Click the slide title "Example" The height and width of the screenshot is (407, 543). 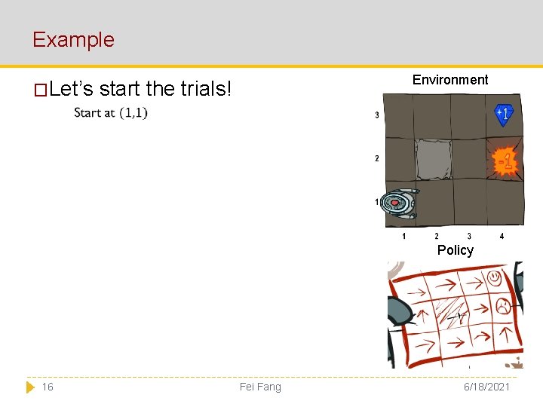(73, 39)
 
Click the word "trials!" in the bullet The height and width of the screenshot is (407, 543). (206, 89)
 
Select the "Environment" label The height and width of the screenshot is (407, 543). (450, 80)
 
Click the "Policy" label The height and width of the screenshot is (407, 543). (456, 250)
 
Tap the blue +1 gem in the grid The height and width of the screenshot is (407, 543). (504, 114)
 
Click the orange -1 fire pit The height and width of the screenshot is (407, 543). (505, 161)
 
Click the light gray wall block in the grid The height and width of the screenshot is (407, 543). (434, 159)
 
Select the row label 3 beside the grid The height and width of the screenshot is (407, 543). (377, 115)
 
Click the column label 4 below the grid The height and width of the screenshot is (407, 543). (502, 237)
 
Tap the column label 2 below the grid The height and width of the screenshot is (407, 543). (437, 237)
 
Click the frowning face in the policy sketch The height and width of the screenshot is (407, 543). (502, 306)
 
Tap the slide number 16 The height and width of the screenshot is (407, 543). (48, 387)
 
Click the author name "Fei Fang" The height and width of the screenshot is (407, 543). (260, 387)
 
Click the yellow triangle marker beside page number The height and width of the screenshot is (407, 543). (30, 387)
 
